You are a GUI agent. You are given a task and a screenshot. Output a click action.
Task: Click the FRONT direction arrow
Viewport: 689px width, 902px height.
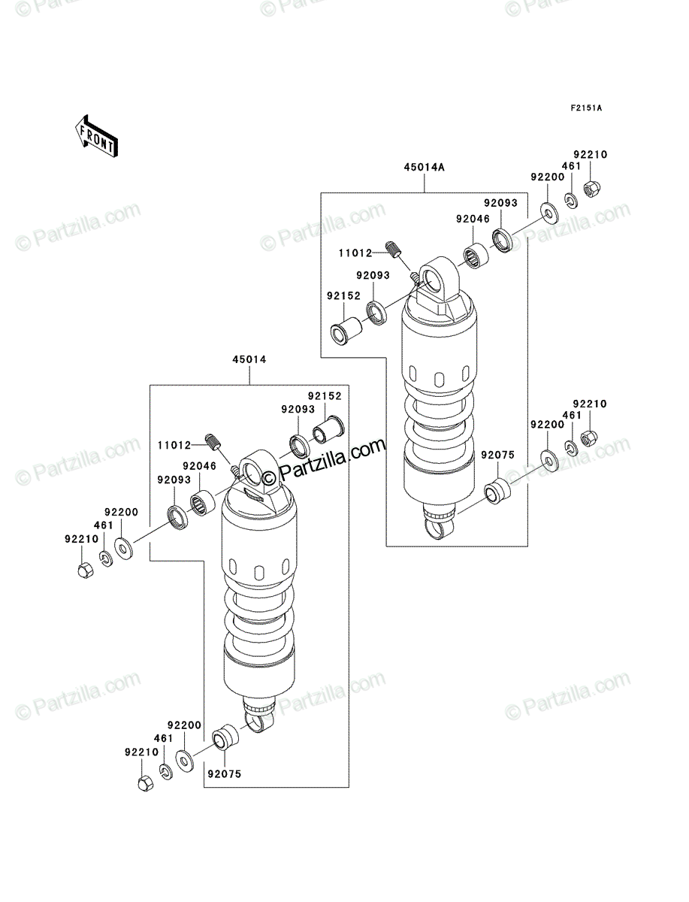click(96, 136)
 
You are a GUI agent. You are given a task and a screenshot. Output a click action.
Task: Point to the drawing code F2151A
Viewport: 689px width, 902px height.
click(586, 108)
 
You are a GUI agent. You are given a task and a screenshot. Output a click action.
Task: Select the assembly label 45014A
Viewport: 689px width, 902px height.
click(425, 168)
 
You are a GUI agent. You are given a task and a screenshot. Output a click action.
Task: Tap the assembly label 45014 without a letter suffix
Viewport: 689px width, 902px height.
click(249, 359)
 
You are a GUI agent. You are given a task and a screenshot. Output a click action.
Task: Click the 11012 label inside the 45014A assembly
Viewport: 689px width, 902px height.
click(355, 253)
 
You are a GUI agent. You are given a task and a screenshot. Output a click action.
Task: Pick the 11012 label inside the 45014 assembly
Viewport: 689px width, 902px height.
click(174, 445)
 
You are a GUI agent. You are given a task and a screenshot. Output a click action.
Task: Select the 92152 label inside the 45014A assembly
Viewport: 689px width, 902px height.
click(343, 296)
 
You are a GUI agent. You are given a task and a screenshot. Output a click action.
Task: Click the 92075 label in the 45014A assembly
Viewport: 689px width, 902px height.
click(498, 455)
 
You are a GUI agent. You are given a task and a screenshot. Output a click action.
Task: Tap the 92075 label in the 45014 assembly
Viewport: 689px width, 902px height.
click(225, 773)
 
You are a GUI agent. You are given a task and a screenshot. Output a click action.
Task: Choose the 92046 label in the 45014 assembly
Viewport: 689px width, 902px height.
click(200, 466)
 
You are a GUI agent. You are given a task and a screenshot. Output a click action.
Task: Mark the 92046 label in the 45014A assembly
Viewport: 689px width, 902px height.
click(473, 219)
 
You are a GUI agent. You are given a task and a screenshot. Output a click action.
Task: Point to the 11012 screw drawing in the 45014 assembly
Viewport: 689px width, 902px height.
click(213, 441)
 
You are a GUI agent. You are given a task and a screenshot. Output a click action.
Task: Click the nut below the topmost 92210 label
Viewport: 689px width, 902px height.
click(591, 189)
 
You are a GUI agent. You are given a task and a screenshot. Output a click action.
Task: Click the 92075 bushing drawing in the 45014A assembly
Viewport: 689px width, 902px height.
click(497, 492)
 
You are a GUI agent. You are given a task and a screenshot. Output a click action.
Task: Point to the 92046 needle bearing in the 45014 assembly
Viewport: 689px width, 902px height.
click(203, 504)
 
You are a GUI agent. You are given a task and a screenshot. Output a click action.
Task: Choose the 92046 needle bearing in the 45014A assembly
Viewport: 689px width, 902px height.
click(476, 257)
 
